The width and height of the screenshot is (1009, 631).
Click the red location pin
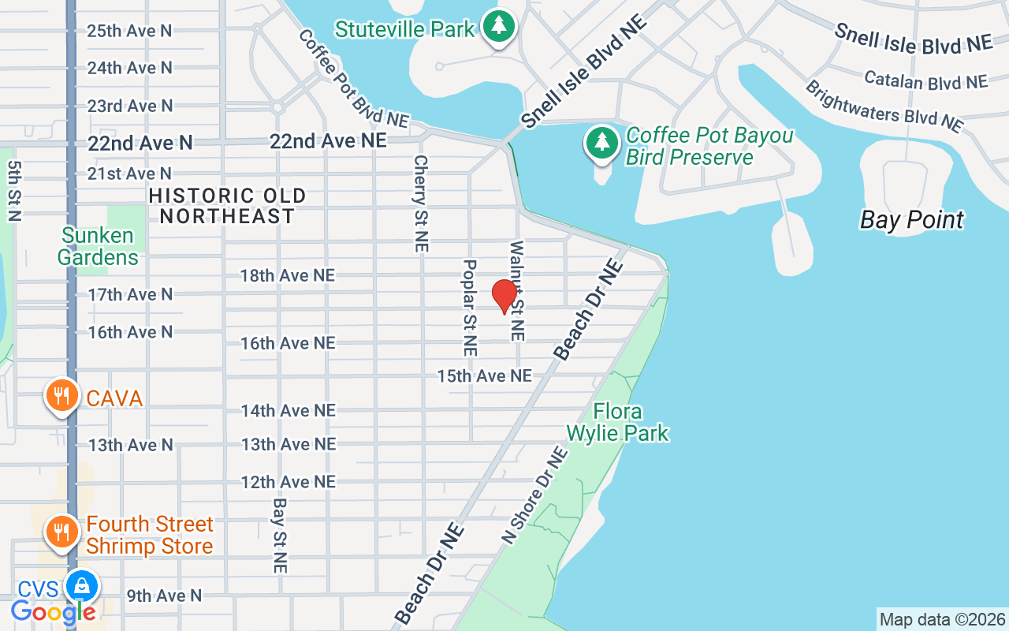504,297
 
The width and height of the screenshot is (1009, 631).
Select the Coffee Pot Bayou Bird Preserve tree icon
602,143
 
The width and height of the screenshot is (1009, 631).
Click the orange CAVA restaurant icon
61,396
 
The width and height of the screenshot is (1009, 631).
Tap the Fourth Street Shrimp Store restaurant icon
61,532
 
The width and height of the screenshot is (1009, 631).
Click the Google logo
54,611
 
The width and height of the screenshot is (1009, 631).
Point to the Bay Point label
911,219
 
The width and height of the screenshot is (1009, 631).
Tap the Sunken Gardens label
99,246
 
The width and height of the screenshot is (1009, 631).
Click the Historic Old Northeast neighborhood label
227,206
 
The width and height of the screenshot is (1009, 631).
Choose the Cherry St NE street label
420,203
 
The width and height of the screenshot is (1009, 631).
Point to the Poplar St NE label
470,307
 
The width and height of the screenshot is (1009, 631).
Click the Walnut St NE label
517,290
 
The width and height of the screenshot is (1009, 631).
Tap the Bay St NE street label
280,534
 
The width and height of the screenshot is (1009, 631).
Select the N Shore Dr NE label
535,495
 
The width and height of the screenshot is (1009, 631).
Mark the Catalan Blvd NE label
925,80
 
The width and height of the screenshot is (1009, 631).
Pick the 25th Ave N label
129,31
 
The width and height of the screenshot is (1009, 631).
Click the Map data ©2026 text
942,619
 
